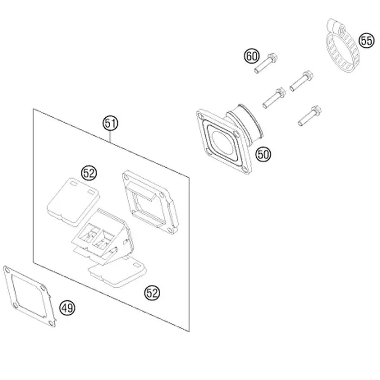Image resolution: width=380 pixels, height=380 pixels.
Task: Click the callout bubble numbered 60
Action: [x=251, y=56]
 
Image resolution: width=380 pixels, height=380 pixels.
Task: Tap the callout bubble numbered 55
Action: [x=366, y=40]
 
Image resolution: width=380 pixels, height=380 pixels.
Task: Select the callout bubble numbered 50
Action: [x=263, y=154]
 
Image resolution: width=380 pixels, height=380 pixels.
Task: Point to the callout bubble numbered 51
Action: [x=110, y=123]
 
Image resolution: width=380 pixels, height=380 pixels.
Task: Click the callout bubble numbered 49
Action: [x=67, y=308]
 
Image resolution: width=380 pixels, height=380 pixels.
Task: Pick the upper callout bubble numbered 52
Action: [x=89, y=173]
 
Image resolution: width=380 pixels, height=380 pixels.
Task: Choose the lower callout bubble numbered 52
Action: [x=152, y=293]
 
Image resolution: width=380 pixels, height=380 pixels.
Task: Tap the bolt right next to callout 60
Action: [x=265, y=63]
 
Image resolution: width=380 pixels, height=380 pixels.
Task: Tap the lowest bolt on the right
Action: [x=310, y=116]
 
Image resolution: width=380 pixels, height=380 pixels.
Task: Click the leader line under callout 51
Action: [x=110, y=137]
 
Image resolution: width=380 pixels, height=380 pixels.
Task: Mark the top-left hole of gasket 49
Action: [x=7, y=269]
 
